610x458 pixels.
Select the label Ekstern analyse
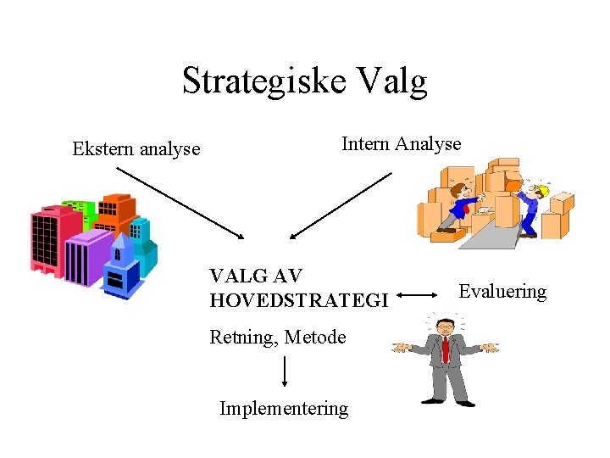point(136,149)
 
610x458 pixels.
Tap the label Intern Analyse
point(401,144)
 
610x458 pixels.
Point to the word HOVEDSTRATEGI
point(299,300)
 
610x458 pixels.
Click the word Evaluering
point(502,292)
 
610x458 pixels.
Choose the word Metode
point(315,338)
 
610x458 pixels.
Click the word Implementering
point(284,409)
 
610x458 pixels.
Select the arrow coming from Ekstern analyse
point(180,203)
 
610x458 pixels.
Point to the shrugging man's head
point(443,326)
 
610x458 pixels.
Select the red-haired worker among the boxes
point(462,204)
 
